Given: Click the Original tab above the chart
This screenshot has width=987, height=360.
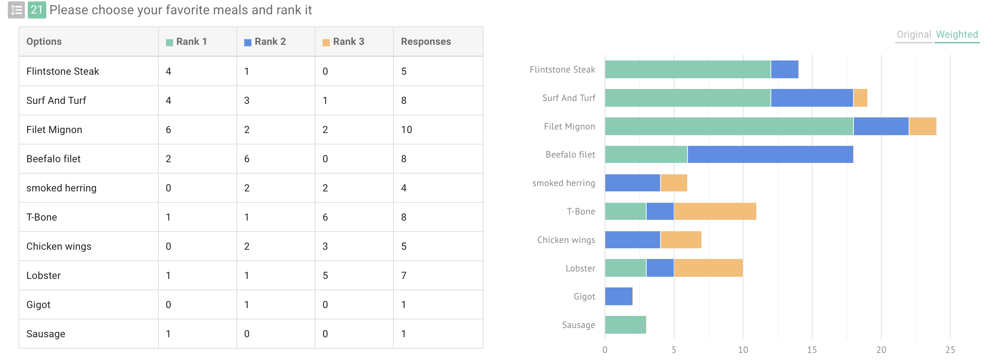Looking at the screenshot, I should click(x=913, y=35).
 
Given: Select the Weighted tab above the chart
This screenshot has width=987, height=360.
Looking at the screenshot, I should click(x=957, y=35).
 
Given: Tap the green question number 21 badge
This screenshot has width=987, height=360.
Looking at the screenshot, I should click(x=37, y=10).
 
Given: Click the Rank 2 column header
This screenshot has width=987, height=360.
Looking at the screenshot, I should click(x=270, y=41).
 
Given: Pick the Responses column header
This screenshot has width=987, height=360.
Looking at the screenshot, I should click(x=426, y=41).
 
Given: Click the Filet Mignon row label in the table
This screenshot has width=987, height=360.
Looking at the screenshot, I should click(x=54, y=130).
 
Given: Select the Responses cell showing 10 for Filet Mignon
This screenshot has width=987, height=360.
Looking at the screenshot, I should click(x=406, y=130).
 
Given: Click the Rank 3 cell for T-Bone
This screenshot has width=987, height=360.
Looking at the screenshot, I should click(x=325, y=217).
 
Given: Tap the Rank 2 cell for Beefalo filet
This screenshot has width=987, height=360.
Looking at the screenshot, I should click(x=247, y=159).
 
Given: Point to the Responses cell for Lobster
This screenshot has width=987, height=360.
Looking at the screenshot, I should click(x=403, y=275).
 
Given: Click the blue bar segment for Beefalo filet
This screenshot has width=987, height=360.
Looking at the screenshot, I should click(x=770, y=154).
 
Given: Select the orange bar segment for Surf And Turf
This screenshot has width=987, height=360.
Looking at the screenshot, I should click(x=860, y=98).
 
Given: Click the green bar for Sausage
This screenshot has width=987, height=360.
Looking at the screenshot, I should click(x=625, y=325).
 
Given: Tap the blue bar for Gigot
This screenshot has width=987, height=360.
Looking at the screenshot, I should click(x=618, y=296).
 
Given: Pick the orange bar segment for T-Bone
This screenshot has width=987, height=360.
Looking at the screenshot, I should click(x=715, y=211).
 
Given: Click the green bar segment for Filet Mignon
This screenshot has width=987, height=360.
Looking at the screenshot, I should click(x=729, y=126).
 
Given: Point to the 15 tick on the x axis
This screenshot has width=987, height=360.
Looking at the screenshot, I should click(x=811, y=350).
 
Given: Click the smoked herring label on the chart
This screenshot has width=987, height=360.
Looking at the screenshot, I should click(x=563, y=183).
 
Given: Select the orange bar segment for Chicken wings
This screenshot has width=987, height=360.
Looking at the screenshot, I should click(x=681, y=240).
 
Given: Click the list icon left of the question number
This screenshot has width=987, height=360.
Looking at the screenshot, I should click(x=16, y=10).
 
